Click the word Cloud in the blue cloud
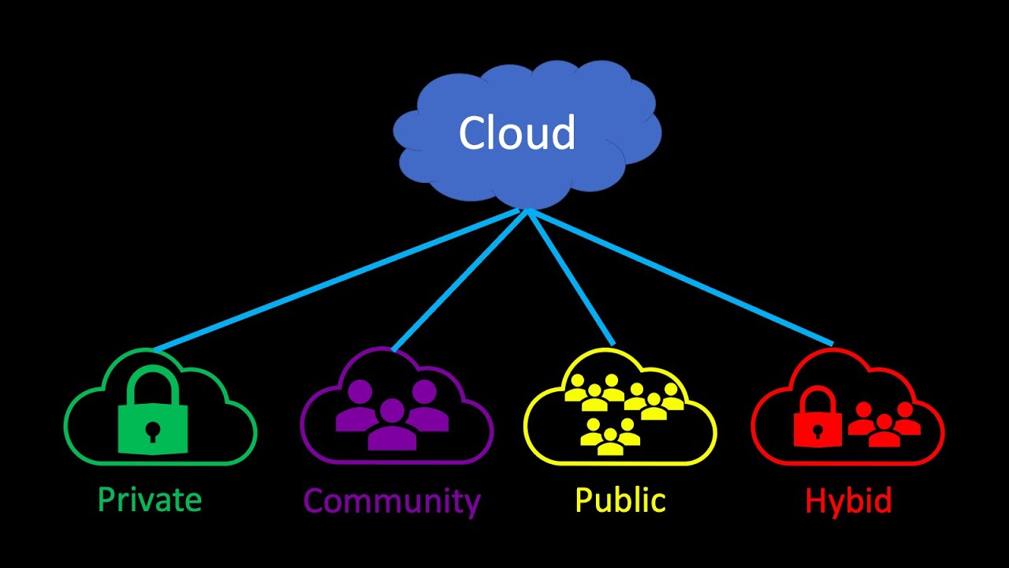coord(517,133)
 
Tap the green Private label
coord(150,500)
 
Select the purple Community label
coord(392,501)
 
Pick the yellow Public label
coord(620,500)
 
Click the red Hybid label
coord(848,501)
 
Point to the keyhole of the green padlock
coord(153,430)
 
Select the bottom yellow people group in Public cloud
coord(609,438)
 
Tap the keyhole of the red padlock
coord(817,431)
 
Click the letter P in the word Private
coord(106,500)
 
